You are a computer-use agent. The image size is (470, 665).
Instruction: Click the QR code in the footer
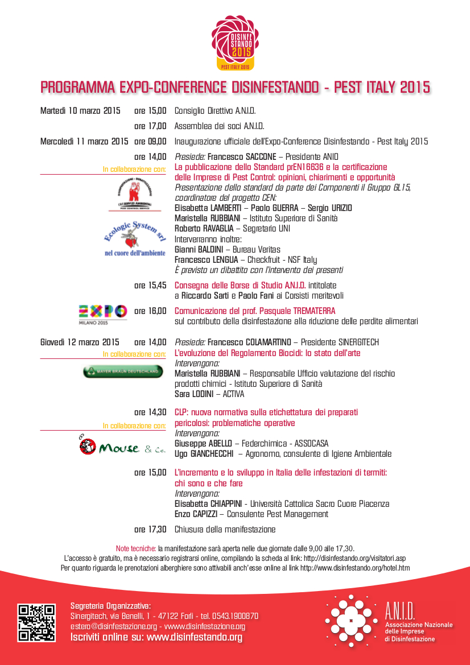click(x=37, y=623)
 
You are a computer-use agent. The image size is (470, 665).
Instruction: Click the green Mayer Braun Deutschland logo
click(x=123, y=372)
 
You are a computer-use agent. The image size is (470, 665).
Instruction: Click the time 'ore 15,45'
click(x=150, y=286)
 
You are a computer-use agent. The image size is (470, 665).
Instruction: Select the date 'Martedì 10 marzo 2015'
click(x=80, y=111)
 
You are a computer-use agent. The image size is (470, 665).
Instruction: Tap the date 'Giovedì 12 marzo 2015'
click(x=80, y=342)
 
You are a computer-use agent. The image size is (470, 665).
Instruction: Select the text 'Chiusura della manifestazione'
click(x=225, y=530)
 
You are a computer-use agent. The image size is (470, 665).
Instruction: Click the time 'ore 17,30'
click(x=150, y=530)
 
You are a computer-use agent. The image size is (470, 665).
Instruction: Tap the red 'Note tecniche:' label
click(x=135, y=549)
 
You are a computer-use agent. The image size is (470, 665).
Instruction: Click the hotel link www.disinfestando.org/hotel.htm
click(x=354, y=568)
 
